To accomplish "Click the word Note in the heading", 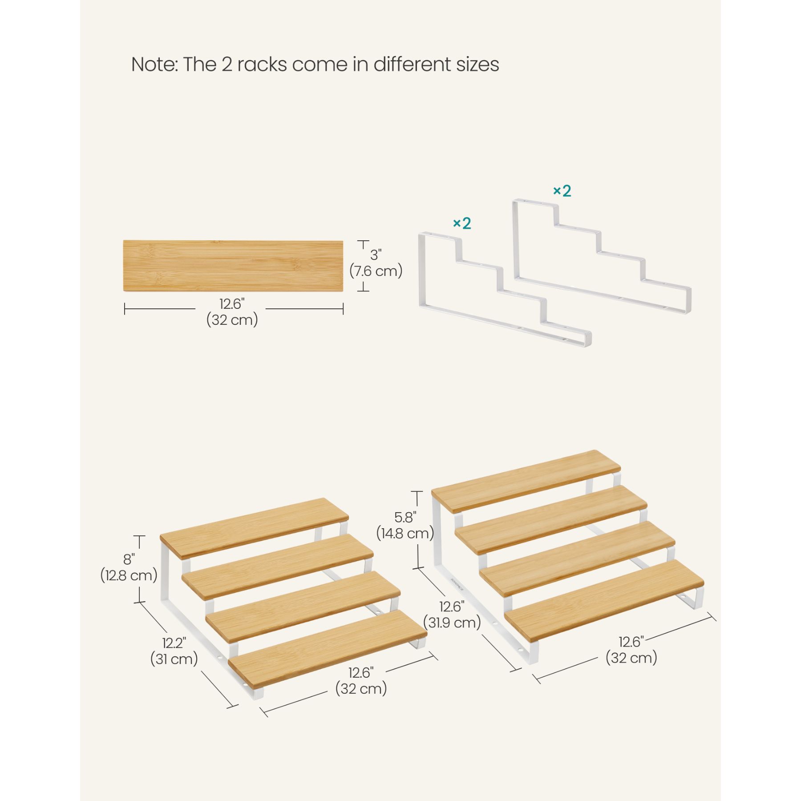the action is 154,64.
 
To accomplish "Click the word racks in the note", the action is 262,65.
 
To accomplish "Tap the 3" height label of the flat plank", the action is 376,255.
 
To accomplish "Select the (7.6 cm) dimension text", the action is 376,271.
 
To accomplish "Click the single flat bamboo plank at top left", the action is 233,266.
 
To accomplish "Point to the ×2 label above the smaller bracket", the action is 462,223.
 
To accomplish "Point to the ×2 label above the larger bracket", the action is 562,190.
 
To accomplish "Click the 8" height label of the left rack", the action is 129,559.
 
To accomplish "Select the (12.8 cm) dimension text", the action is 129,575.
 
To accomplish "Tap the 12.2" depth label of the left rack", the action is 174,643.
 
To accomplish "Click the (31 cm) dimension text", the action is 174,659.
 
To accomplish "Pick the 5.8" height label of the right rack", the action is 405,517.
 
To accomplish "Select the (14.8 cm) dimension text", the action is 405,533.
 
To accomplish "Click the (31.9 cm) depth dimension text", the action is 452,622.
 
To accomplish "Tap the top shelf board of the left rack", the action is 255,528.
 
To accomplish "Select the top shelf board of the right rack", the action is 526,487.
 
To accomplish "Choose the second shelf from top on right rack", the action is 551,520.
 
